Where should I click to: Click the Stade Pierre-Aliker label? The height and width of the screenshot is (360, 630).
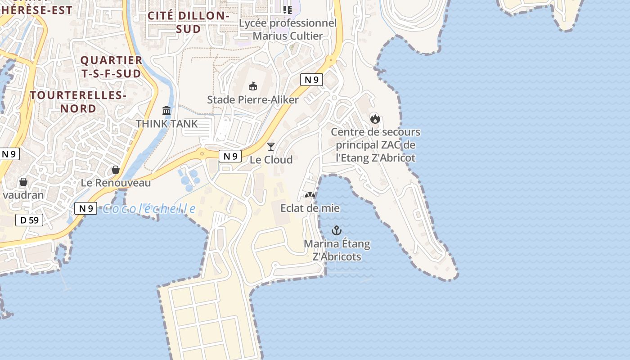point(252,99)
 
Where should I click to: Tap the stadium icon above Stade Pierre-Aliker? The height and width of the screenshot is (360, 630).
point(253,86)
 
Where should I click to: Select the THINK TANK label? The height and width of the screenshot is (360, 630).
point(166,123)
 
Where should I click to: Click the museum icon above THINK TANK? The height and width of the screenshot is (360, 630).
point(166,110)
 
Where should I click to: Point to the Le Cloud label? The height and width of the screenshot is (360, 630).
point(271,160)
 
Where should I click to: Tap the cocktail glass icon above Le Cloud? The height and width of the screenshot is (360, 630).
point(271,146)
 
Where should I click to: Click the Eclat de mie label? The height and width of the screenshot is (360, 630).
point(310,208)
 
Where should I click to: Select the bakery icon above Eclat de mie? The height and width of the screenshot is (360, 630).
point(310,195)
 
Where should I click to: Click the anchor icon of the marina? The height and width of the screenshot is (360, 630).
point(337,230)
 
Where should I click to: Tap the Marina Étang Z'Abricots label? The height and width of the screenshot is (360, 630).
point(337,250)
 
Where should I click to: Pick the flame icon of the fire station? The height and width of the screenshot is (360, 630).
point(375,119)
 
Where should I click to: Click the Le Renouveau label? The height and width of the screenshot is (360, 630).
point(116,183)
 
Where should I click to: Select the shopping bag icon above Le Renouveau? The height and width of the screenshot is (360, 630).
point(116,170)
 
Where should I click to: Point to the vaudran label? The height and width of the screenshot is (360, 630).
point(23,195)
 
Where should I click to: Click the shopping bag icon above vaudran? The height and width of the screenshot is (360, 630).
point(23,182)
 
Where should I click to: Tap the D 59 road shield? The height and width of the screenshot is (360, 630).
point(30,220)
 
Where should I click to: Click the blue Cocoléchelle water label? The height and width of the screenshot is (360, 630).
point(149,209)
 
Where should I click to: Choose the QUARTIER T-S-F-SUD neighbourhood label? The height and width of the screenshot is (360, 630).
point(111,67)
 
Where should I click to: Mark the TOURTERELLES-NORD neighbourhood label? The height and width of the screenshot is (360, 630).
point(78,102)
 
